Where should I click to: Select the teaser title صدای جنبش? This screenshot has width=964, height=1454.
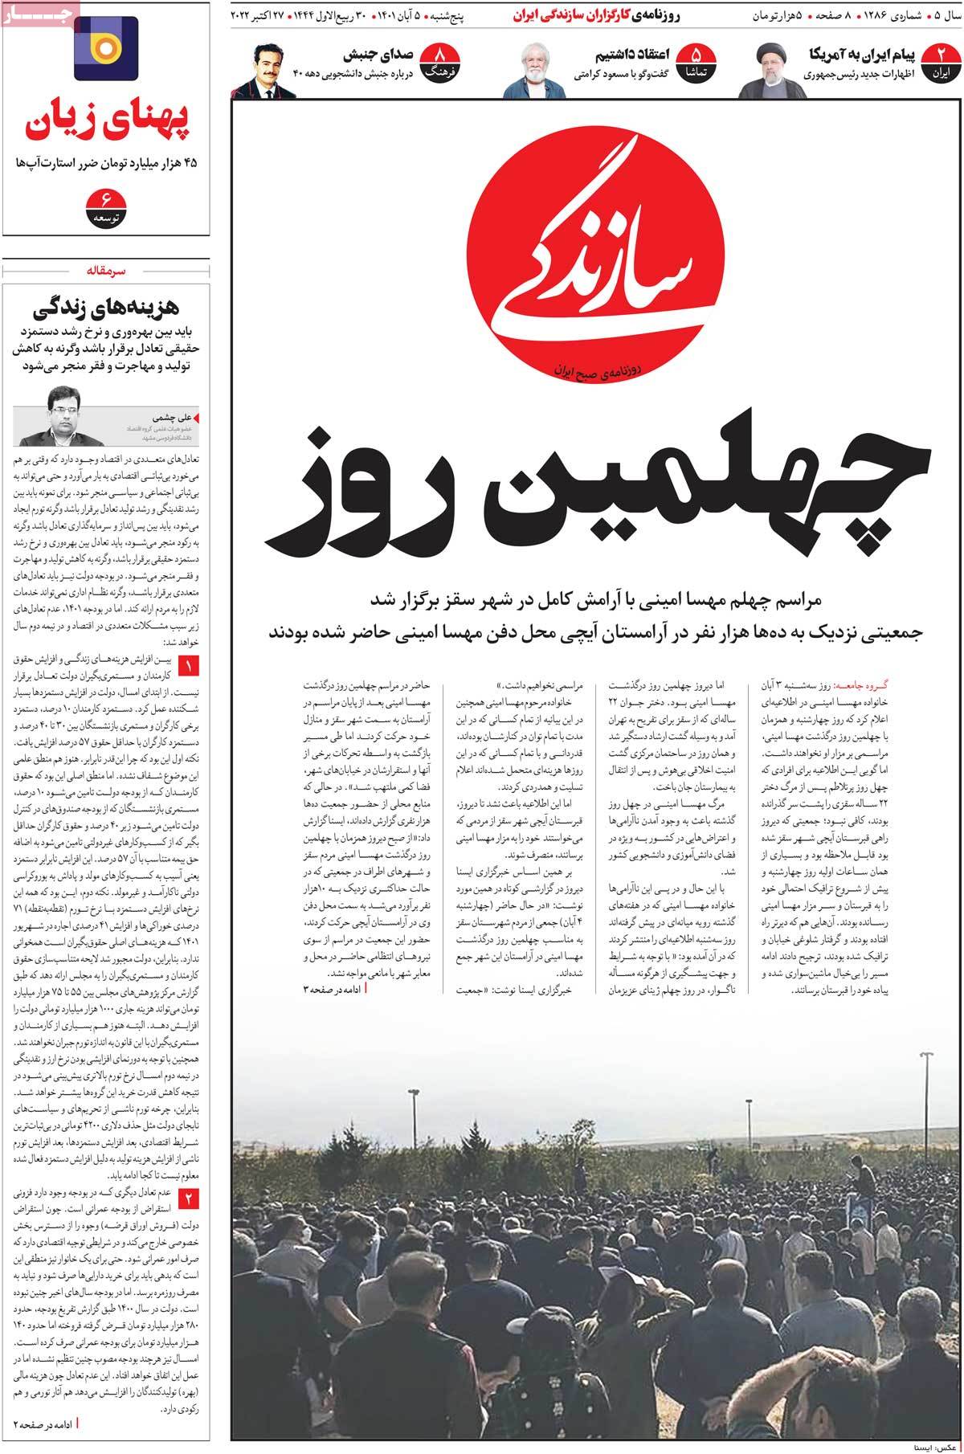(378, 55)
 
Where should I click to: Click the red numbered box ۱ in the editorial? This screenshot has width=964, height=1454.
(189, 665)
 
